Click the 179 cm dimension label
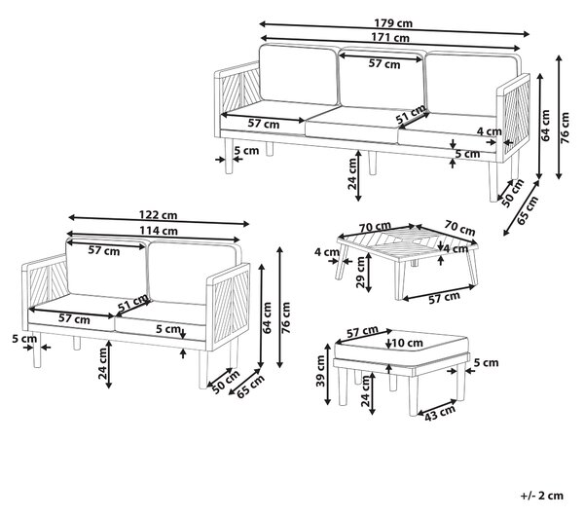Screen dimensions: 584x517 393,23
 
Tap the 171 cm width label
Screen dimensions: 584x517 390,38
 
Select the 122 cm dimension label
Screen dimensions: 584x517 159,215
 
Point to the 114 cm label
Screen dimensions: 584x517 159,231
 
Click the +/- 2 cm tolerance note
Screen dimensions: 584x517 542,496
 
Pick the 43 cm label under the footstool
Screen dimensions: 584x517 440,413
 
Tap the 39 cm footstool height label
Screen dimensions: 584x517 320,371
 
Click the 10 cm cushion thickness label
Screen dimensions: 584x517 408,343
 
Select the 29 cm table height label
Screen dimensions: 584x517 360,273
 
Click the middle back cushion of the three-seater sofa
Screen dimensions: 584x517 381,79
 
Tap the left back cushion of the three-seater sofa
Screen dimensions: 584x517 298,74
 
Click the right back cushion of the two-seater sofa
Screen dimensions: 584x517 194,273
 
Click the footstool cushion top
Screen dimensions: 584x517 401,348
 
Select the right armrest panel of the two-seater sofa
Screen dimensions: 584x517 229,307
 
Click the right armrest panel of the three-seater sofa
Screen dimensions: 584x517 514,118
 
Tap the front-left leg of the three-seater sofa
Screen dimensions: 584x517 229,156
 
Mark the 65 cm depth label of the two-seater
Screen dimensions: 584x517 251,387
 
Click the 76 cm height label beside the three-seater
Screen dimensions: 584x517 565,129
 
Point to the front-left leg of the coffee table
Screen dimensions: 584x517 342,263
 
